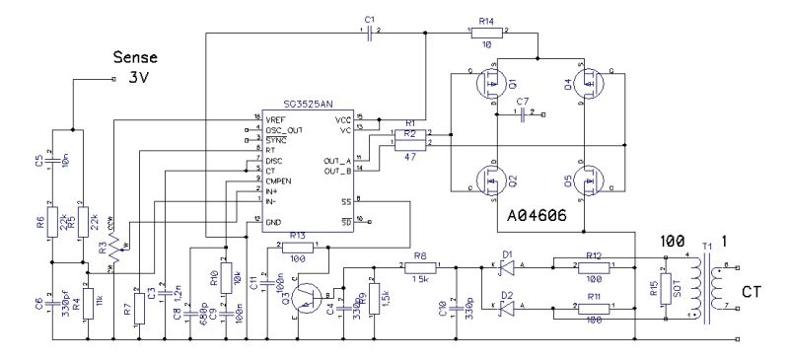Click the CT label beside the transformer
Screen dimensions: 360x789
[753, 294]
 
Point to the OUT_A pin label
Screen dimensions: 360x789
[334, 160]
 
